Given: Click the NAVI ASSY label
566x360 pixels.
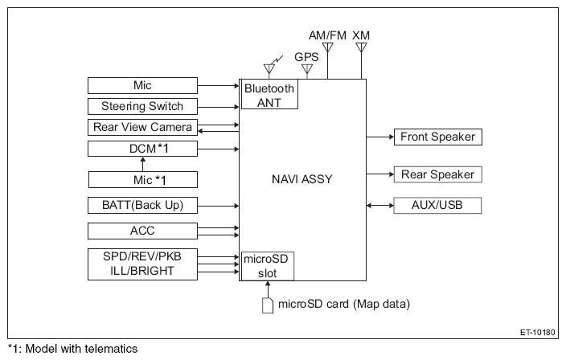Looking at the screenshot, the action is [301, 179].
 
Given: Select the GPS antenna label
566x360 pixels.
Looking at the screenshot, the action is [306, 57].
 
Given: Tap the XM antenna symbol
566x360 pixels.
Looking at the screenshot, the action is [361, 47].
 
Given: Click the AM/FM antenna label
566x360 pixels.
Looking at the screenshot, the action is [327, 35].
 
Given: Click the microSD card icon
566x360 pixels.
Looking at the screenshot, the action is [268, 305].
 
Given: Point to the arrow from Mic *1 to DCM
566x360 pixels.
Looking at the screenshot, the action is [143, 164].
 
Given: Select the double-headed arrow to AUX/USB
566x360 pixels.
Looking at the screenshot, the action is [380, 206].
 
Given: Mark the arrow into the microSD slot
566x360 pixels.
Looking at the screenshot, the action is [268, 289].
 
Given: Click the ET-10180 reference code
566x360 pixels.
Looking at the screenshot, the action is [538, 332].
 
